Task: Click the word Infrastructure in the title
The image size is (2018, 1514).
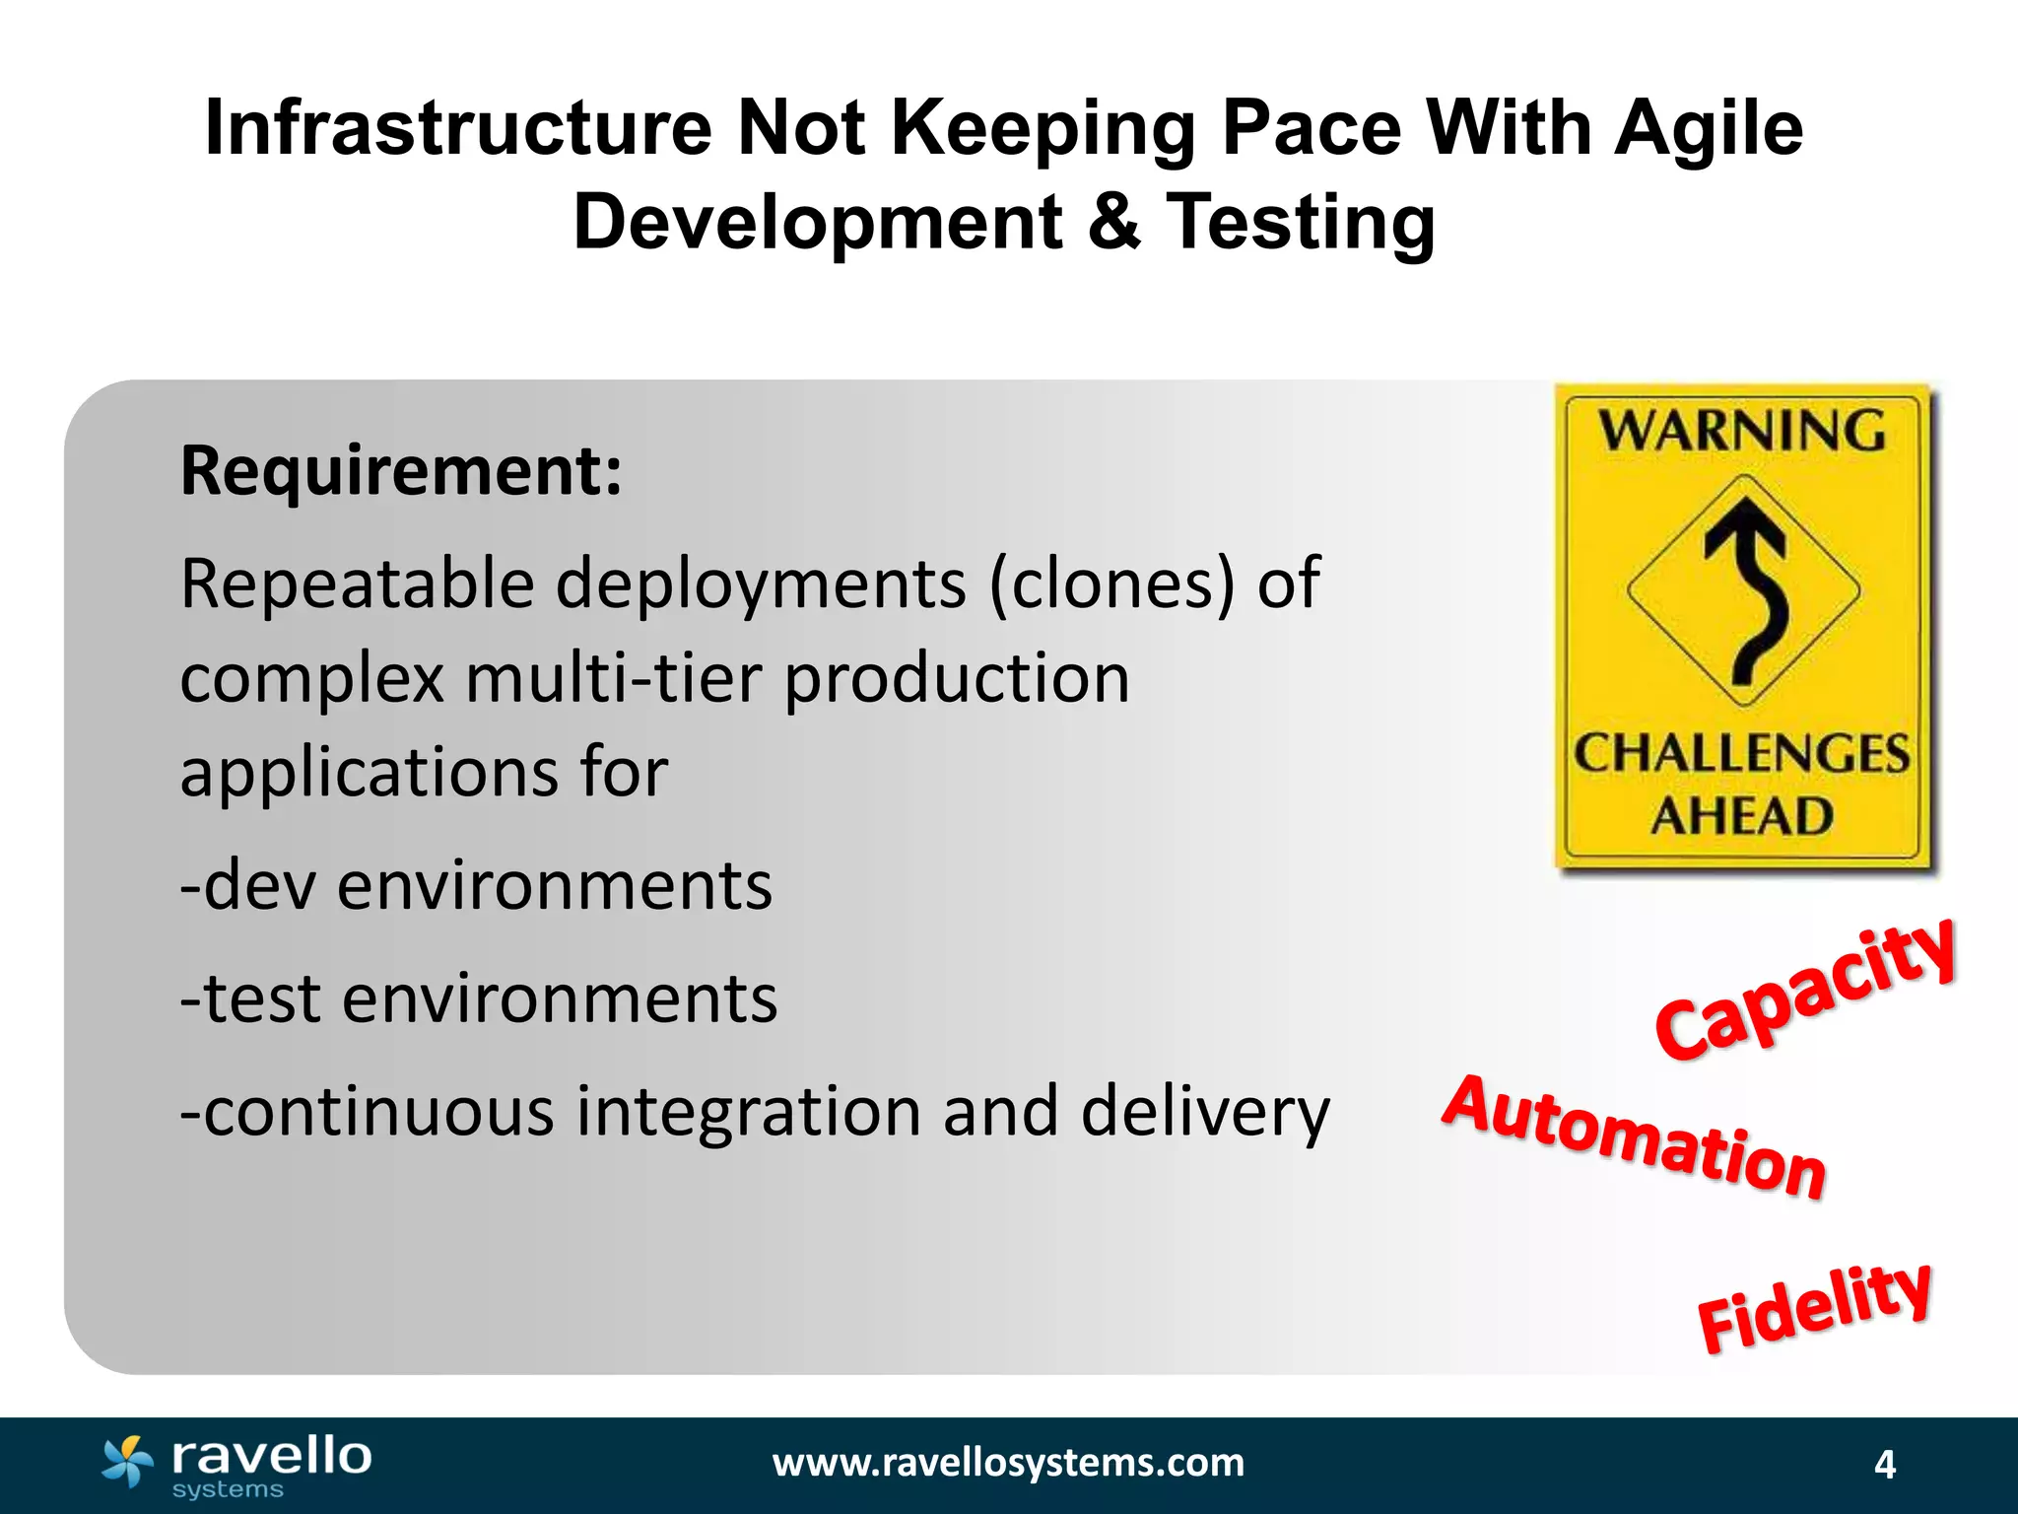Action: point(457,128)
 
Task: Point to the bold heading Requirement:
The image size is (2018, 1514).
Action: point(401,471)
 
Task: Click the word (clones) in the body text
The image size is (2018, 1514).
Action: point(1111,584)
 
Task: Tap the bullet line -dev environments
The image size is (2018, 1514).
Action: point(476,885)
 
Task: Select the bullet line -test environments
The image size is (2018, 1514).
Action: point(479,998)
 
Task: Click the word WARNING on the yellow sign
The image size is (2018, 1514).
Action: point(1741,431)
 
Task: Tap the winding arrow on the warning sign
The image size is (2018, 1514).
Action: point(1747,588)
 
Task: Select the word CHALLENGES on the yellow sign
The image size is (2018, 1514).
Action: point(1741,754)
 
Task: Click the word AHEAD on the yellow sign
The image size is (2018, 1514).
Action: point(1742,816)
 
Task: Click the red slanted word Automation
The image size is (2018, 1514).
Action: point(1633,1138)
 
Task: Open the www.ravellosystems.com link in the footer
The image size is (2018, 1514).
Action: point(1008,1463)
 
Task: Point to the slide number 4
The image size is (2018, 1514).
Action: point(1884,1465)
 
